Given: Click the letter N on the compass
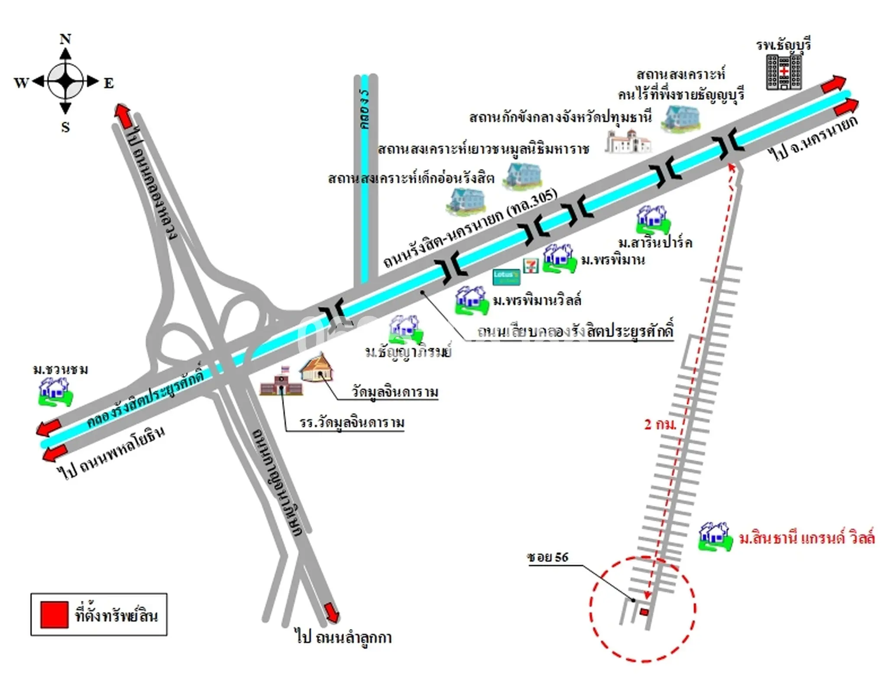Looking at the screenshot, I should tap(65, 39).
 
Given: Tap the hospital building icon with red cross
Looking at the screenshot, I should tap(783, 72).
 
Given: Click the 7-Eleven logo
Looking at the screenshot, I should tap(531, 265).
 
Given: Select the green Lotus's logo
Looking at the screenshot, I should tap(506, 277).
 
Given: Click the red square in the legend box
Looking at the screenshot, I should tap(54, 614).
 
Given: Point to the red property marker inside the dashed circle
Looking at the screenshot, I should tap(644, 612).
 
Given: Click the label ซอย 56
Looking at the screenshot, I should tap(547, 557).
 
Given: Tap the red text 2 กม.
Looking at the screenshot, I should tap(660, 424).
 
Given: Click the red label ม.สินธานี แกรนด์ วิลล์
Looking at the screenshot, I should tap(806, 538).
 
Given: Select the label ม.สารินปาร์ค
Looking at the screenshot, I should tap(655, 242).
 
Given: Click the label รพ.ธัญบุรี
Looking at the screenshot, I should tap(783, 45).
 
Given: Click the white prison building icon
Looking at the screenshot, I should tap(628, 141).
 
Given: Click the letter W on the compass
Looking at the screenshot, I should tap(21, 82).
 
